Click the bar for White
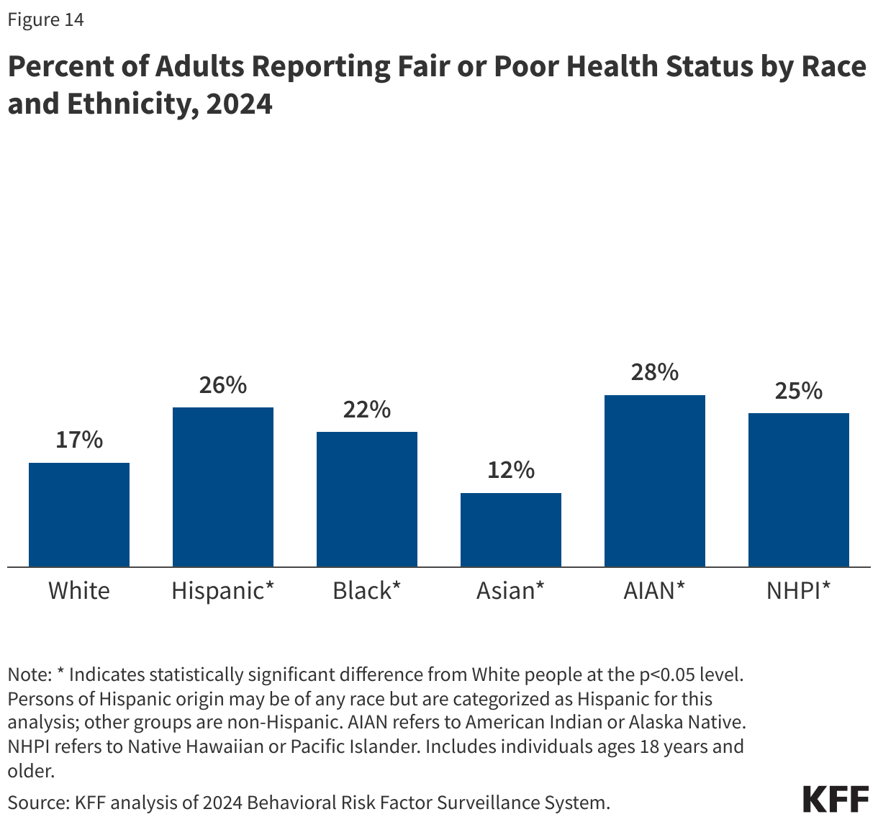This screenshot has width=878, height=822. point(79,515)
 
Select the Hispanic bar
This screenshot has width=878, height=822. point(223,487)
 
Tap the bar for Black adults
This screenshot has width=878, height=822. point(367,500)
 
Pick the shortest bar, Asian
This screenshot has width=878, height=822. point(511,530)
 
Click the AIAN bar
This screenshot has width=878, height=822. point(655,481)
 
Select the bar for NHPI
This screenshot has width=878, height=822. point(799,490)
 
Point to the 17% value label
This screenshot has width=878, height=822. point(79,440)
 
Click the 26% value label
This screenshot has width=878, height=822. point(223,385)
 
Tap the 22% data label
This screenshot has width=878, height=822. point(367,410)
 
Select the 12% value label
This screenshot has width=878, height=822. point(511,470)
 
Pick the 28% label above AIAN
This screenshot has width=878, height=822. point(655,372)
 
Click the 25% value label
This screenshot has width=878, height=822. point(799,391)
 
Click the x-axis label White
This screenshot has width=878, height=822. point(79,591)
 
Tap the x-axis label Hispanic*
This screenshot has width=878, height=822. point(223,591)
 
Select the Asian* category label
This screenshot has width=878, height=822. point(511,591)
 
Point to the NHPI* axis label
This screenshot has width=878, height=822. point(799,591)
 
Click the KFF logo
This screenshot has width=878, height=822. point(836,800)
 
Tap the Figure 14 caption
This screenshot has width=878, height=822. point(45,20)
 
